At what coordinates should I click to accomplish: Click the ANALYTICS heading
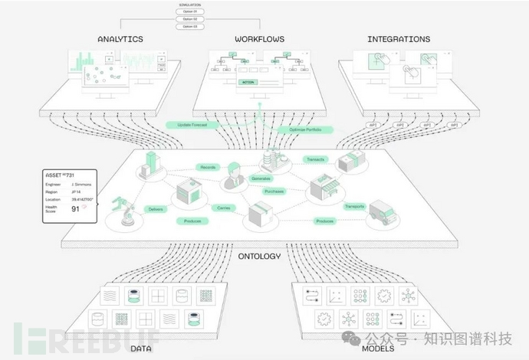click(121, 38)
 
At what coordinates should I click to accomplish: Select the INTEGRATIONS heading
click(399, 38)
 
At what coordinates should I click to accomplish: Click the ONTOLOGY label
click(259, 257)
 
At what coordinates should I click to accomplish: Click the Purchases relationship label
click(274, 191)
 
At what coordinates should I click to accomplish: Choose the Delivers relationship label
click(156, 208)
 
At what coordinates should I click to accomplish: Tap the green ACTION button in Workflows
click(248, 81)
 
